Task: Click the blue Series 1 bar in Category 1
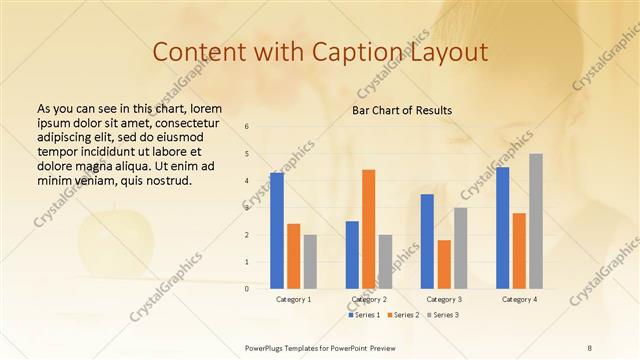pyautogui.click(x=277, y=231)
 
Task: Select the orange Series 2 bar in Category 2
pyautogui.click(x=368, y=229)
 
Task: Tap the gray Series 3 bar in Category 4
pyautogui.click(x=536, y=221)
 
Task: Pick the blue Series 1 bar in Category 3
pyautogui.click(x=427, y=241)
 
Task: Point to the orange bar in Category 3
pyautogui.click(x=444, y=264)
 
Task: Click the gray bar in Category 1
pyautogui.click(x=310, y=262)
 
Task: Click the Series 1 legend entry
pyautogui.click(x=365, y=315)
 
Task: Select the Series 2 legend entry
pyautogui.click(x=403, y=315)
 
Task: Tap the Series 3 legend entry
pyautogui.click(x=442, y=315)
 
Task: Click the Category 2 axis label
pyautogui.click(x=369, y=299)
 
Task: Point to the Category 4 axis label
pyautogui.click(x=519, y=299)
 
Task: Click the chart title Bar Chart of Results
pyautogui.click(x=402, y=110)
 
